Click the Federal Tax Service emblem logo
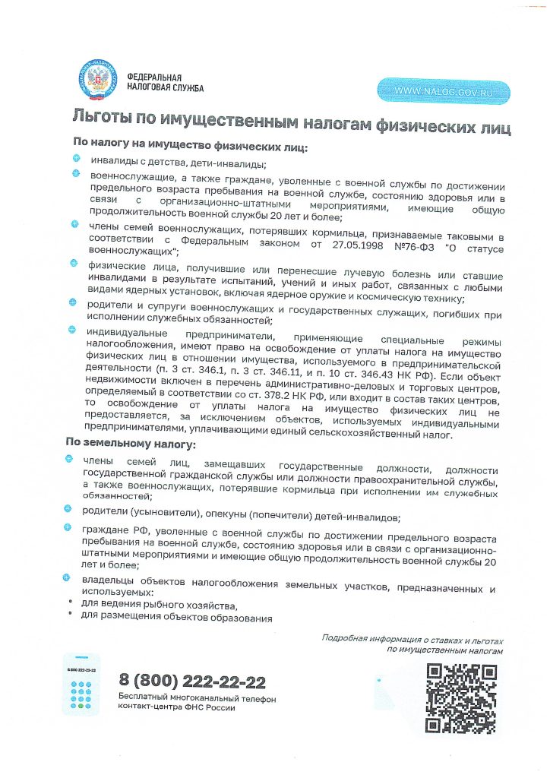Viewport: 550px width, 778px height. (96, 82)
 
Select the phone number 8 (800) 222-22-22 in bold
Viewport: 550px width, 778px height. (192, 681)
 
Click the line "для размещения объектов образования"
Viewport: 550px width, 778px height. (176, 618)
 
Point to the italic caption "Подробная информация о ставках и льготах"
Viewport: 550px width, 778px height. (412, 640)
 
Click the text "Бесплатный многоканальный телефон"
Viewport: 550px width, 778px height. (197, 697)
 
